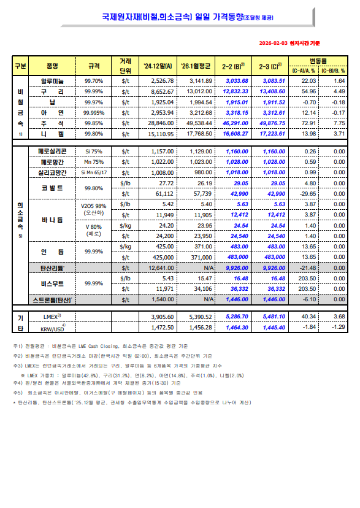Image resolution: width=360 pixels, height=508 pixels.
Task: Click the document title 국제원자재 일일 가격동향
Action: [179, 18]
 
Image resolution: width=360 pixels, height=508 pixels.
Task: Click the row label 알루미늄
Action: [52, 81]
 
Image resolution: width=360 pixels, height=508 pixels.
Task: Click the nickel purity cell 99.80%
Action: [94, 133]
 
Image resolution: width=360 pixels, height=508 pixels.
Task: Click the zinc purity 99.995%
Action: [94, 112]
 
